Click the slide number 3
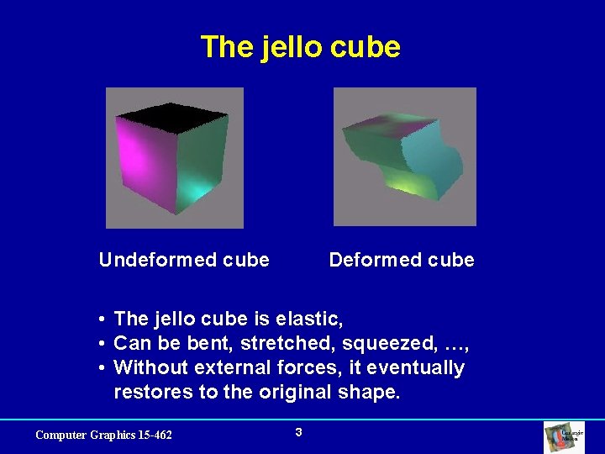tap(298, 432)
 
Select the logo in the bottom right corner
tap(565, 437)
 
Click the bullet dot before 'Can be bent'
tap(100, 344)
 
